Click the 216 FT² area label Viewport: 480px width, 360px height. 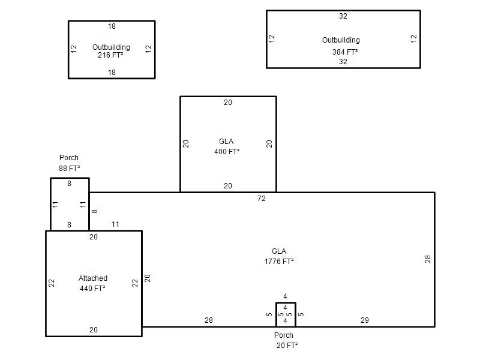110,55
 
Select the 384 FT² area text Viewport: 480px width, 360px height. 345,52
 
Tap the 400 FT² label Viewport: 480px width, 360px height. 227,152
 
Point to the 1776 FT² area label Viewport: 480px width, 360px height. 279,262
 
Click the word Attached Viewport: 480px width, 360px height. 93,278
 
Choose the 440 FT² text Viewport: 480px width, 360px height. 92,289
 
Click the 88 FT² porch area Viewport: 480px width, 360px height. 70,169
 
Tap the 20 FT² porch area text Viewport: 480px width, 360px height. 287,346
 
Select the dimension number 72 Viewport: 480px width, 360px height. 262,199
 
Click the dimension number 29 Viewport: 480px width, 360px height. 365,320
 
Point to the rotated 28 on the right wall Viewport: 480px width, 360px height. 428,259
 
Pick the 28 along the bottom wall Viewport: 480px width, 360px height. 208,320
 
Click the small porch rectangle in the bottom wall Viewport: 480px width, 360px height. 276,314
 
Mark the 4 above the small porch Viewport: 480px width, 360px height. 285,296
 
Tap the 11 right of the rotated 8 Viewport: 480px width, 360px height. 115,224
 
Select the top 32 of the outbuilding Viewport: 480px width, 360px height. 343,16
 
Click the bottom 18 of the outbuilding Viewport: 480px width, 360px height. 112,72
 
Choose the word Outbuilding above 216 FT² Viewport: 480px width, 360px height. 111,47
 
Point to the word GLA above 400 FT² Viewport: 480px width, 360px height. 226,142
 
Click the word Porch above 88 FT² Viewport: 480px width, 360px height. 69,158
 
